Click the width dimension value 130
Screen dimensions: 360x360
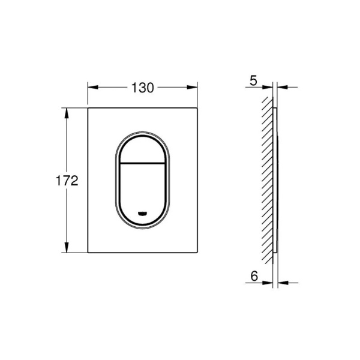(x=143, y=87)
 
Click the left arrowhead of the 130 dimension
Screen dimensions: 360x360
(x=92, y=87)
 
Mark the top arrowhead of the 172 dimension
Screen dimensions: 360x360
(x=65, y=112)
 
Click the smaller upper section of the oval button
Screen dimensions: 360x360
(x=143, y=147)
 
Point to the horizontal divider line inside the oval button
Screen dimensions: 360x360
(x=143, y=163)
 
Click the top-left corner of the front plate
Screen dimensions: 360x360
(x=88, y=108)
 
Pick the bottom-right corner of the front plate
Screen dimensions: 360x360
(x=198, y=253)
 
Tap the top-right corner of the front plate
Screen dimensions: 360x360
(x=198, y=108)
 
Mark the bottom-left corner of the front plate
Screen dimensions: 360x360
(x=88, y=253)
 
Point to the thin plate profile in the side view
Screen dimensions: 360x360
(x=275, y=180)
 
